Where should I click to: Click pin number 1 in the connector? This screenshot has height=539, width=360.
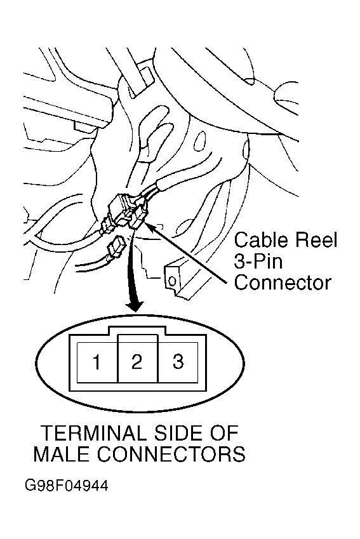click(97, 363)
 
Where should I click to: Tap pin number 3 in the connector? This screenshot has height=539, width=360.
click(178, 363)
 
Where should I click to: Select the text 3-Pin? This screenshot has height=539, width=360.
click(258, 262)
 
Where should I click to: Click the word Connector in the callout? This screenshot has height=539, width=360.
click(283, 283)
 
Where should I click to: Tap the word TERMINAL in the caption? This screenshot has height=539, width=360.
click(93, 433)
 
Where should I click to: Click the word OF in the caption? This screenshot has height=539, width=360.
click(224, 433)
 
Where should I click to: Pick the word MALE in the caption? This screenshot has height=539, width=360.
click(62, 455)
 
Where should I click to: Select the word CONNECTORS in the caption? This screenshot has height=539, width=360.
click(171, 455)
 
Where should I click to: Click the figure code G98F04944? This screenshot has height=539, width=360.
click(67, 486)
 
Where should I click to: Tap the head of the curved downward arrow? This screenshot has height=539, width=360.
click(135, 307)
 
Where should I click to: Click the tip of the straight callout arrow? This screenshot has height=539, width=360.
click(145, 223)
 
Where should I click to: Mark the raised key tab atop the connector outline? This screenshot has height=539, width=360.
click(137, 331)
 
